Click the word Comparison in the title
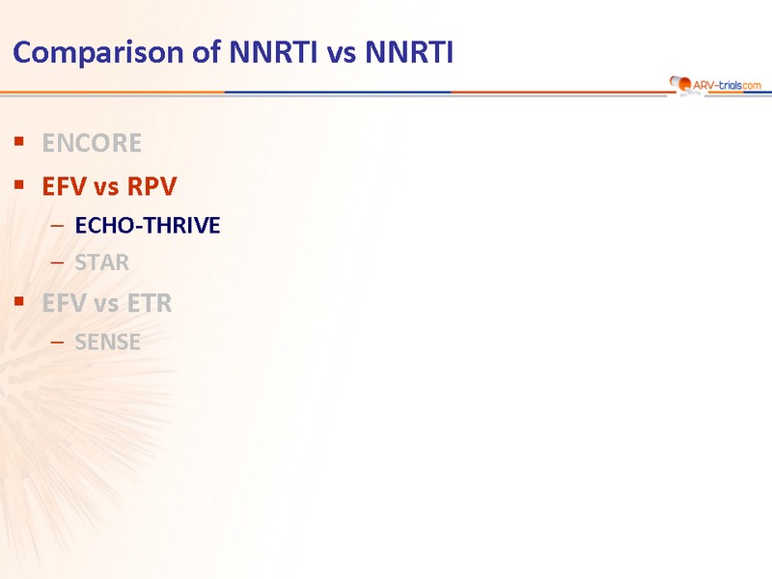(x=98, y=53)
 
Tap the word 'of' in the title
(x=206, y=52)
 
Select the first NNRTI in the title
(x=273, y=52)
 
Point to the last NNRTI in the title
(x=408, y=52)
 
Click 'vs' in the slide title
(x=342, y=54)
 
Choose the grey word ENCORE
(x=92, y=143)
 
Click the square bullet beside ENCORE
(x=19, y=142)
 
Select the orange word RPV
(x=152, y=186)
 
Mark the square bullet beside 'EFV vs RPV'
(x=19, y=185)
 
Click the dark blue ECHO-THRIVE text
(x=148, y=226)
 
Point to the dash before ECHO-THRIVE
(x=57, y=226)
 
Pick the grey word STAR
(x=102, y=262)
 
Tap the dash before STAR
(x=57, y=262)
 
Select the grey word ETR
(x=150, y=303)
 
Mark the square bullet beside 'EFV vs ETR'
(x=19, y=301)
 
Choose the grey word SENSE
(x=107, y=343)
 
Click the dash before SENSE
(x=57, y=343)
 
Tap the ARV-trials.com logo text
(x=727, y=85)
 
